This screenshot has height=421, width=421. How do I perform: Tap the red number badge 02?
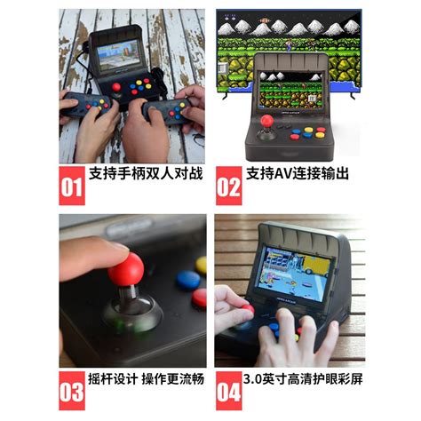228,186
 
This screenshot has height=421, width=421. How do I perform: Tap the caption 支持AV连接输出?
298,173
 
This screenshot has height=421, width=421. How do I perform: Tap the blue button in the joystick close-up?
187,279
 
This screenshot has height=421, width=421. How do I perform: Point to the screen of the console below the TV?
290,83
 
